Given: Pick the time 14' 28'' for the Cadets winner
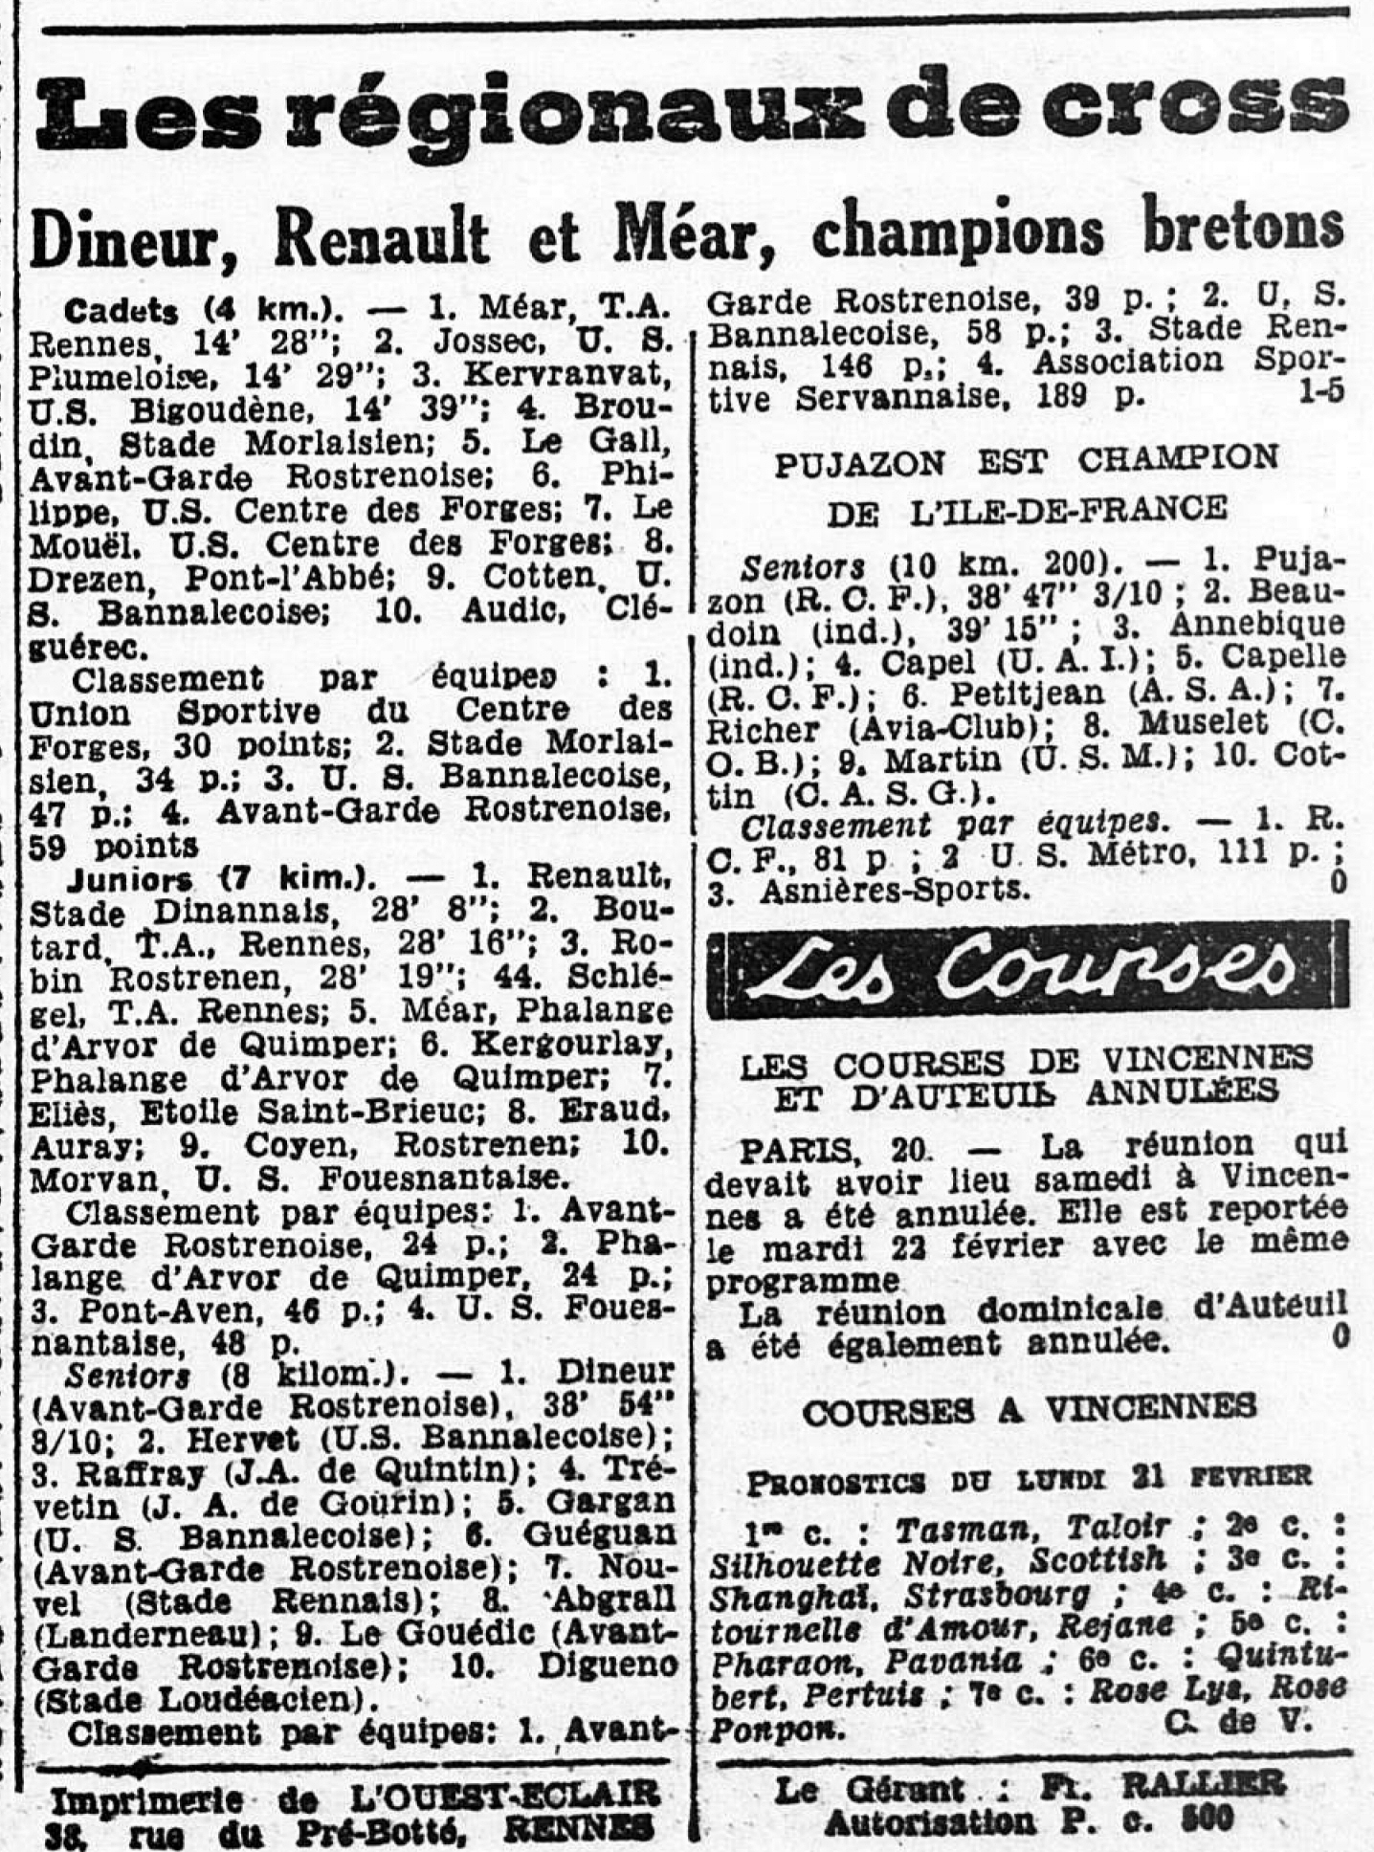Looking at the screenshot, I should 247,342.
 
